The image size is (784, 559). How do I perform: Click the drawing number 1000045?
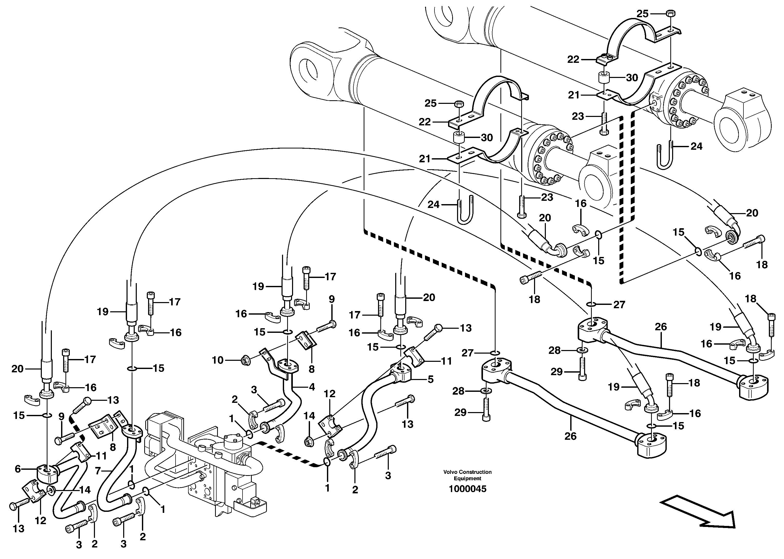tap(467, 489)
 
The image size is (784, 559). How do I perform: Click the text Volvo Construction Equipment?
tap(467, 475)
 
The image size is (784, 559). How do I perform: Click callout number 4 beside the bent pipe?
tap(312, 387)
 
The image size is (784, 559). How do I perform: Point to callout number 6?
tap(18, 468)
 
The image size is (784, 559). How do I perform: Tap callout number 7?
tap(98, 471)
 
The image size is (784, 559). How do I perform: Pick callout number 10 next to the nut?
tap(217, 360)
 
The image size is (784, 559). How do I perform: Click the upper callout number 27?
tap(619, 304)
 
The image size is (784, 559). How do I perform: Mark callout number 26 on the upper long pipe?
tap(661, 327)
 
